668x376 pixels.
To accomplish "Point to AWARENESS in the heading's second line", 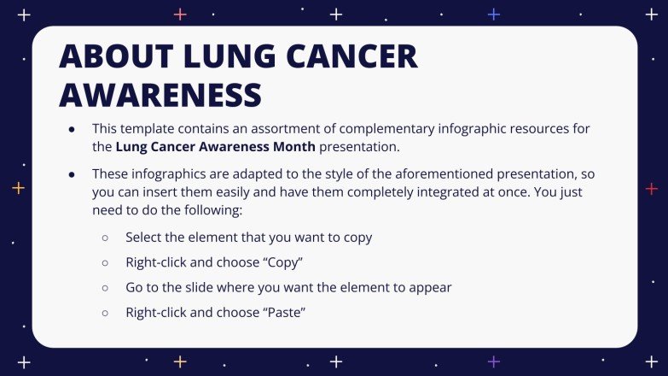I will click(x=160, y=95).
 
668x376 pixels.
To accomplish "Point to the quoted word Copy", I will click(x=287, y=261).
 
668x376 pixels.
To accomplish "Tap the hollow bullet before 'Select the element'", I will click(x=106, y=237).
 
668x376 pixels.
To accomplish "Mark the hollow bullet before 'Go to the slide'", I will click(x=106, y=288).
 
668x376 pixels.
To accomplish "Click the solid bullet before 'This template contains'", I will click(x=73, y=128).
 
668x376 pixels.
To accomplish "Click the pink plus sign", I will click(x=180, y=14).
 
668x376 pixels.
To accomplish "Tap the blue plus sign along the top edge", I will click(x=493, y=14).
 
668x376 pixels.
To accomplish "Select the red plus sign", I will click(x=651, y=188).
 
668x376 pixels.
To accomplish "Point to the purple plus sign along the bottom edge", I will click(x=493, y=361).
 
